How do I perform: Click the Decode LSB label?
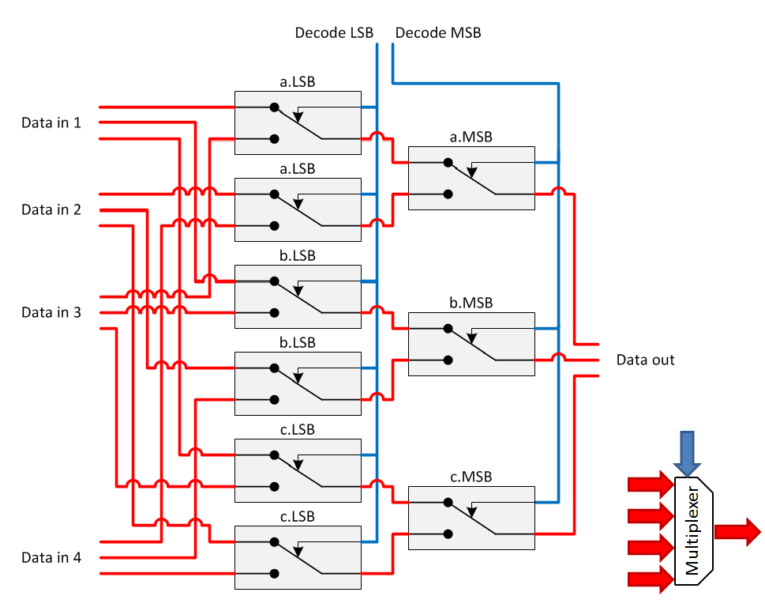pyautogui.click(x=334, y=33)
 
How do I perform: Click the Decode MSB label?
pyautogui.click(x=437, y=33)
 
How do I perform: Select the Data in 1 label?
pyautogui.click(x=51, y=123)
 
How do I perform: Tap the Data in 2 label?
pyautogui.click(x=51, y=209)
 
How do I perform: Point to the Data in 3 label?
pyautogui.click(x=51, y=312)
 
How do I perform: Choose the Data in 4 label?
pyautogui.click(x=51, y=557)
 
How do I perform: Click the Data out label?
pyautogui.click(x=645, y=360)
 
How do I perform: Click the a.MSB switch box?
pyautogui.click(x=471, y=178)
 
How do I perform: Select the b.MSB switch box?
pyautogui.click(x=471, y=344)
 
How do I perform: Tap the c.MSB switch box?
pyautogui.click(x=471, y=518)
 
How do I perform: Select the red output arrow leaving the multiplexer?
pyautogui.click(x=737, y=532)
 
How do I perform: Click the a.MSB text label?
pyautogui.click(x=471, y=137)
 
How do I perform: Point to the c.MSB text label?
pyautogui.click(x=471, y=477)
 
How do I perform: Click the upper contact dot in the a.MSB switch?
pyautogui.click(x=448, y=163)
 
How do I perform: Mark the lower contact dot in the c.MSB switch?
pyautogui.click(x=448, y=534)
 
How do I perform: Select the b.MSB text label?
pyautogui.click(x=471, y=303)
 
